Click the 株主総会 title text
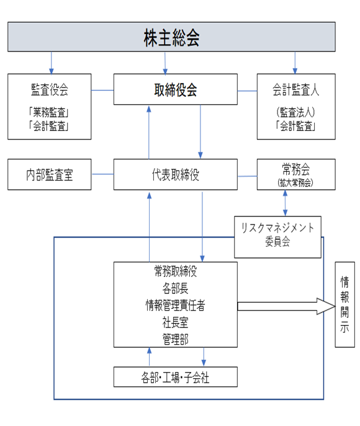click(171, 38)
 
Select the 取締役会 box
click(176, 89)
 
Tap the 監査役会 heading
click(50, 90)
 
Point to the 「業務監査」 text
click(49, 112)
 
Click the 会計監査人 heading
click(296, 90)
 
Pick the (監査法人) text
click(296, 112)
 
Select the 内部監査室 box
click(50, 174)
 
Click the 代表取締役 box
click(176, 174)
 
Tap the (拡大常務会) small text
click(295, 182)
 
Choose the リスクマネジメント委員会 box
click(277, 237)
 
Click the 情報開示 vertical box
click(344, 304)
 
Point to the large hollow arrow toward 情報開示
click(286, 306)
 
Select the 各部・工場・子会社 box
click(176, 377)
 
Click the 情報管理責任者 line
click(176, 305)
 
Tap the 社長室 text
click(176, 322)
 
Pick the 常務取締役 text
click(176, 271)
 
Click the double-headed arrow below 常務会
click(285, 203)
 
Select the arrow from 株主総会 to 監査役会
click(52, 63)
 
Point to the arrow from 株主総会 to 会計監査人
click(295, 63)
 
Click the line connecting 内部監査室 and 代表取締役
click(102, 174)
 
